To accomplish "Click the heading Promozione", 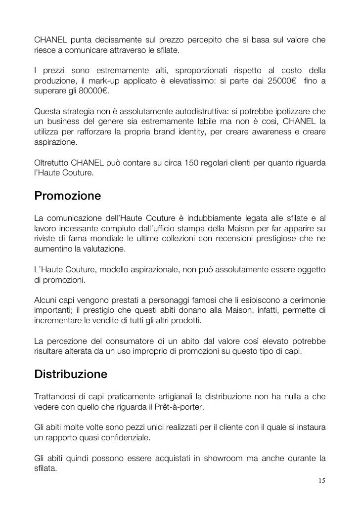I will click(68, 196).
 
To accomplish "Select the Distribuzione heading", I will click(71, 375).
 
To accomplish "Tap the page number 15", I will click(320, 480).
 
